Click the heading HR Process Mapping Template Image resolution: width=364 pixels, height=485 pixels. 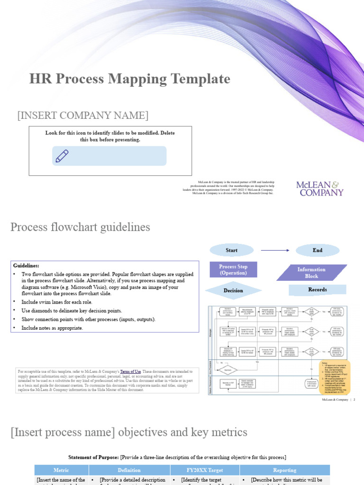point(129,79)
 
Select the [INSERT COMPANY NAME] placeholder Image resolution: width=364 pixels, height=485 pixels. point(83,115)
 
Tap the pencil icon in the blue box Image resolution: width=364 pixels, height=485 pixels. point(62,156)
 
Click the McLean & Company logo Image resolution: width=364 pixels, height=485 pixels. point(319,189)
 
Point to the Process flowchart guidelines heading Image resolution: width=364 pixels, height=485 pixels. point(80,227)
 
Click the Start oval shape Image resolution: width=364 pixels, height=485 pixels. point(231,250)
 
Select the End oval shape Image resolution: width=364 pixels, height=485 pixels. point(317,250)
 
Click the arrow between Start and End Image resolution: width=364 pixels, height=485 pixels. point(275,250)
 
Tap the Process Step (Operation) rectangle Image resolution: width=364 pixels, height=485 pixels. point(233,269)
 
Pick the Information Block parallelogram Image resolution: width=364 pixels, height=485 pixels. point(311,272)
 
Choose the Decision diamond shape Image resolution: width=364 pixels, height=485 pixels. point(233,290)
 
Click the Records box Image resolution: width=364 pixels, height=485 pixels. point(317,289)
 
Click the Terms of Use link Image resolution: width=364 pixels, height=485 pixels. point(130,372)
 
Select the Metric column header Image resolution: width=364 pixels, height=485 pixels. point(61,470)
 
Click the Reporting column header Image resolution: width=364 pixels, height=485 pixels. point(284,470)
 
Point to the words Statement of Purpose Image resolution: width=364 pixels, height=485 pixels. point(93,457)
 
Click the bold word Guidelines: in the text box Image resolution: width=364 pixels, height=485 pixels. point(26,266)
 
